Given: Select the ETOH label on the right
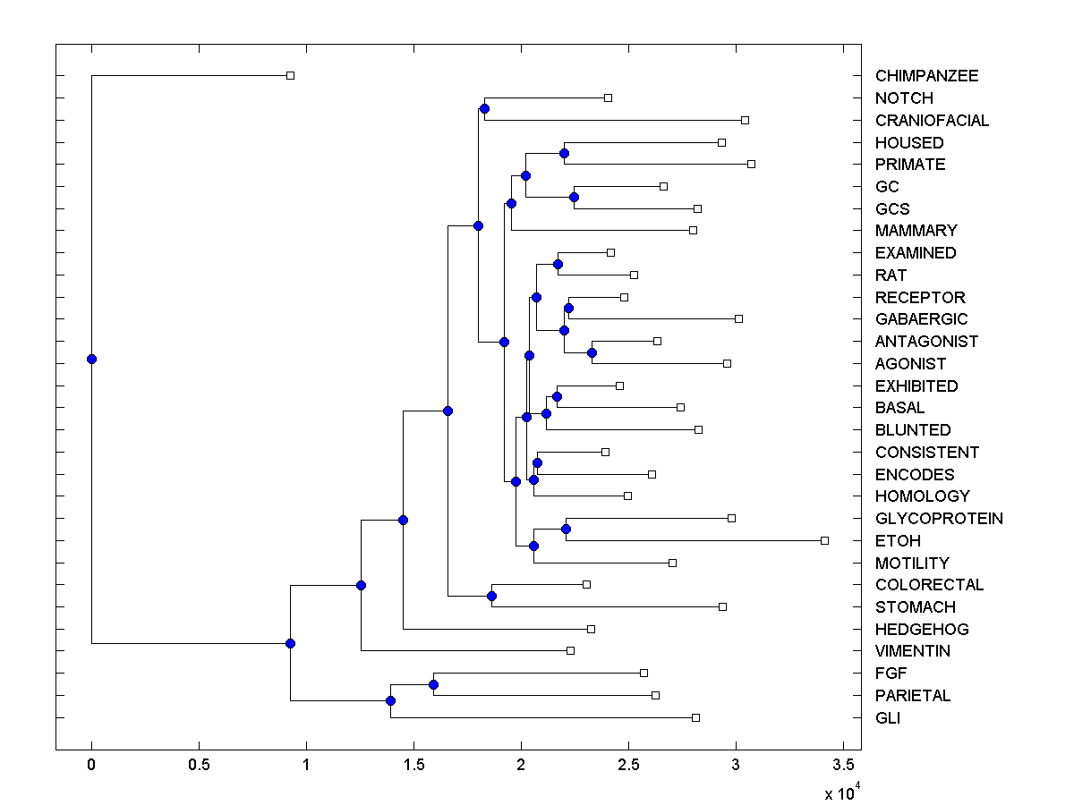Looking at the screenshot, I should pyautogui.click(x=898, y=541).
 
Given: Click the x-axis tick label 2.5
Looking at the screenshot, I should pyautogui.click(x=628, y=765).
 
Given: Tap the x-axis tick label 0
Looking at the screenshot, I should pyautogui.click(x=91, y=765).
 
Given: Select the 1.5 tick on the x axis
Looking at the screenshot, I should pyautogui.click(x=413, y=765).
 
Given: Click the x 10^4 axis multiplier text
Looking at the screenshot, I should pyautogui.click(x=842, y=792).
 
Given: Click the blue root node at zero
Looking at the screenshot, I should pyautogui.click(x=91, y=360).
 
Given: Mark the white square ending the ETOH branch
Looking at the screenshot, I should pyautogui.click(x=825, y=540).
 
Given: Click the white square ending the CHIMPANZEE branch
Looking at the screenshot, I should pyautogui.click(x=290, y=76).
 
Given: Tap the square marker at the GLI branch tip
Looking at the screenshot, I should pyautogui.click(x=695, y=717).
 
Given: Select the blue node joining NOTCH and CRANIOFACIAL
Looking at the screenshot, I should pyautogui.click(x=484, y=109).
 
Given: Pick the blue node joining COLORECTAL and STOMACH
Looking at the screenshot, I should pyautogui.click(x=491, y=596).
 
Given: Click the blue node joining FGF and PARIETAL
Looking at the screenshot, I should pyautogui.click(x=433, y=684).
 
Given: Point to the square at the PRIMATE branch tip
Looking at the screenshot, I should pyautogui.click(x=751, y=164).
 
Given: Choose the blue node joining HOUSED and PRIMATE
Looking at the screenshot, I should pyautogui.click(x=564, y=154).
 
